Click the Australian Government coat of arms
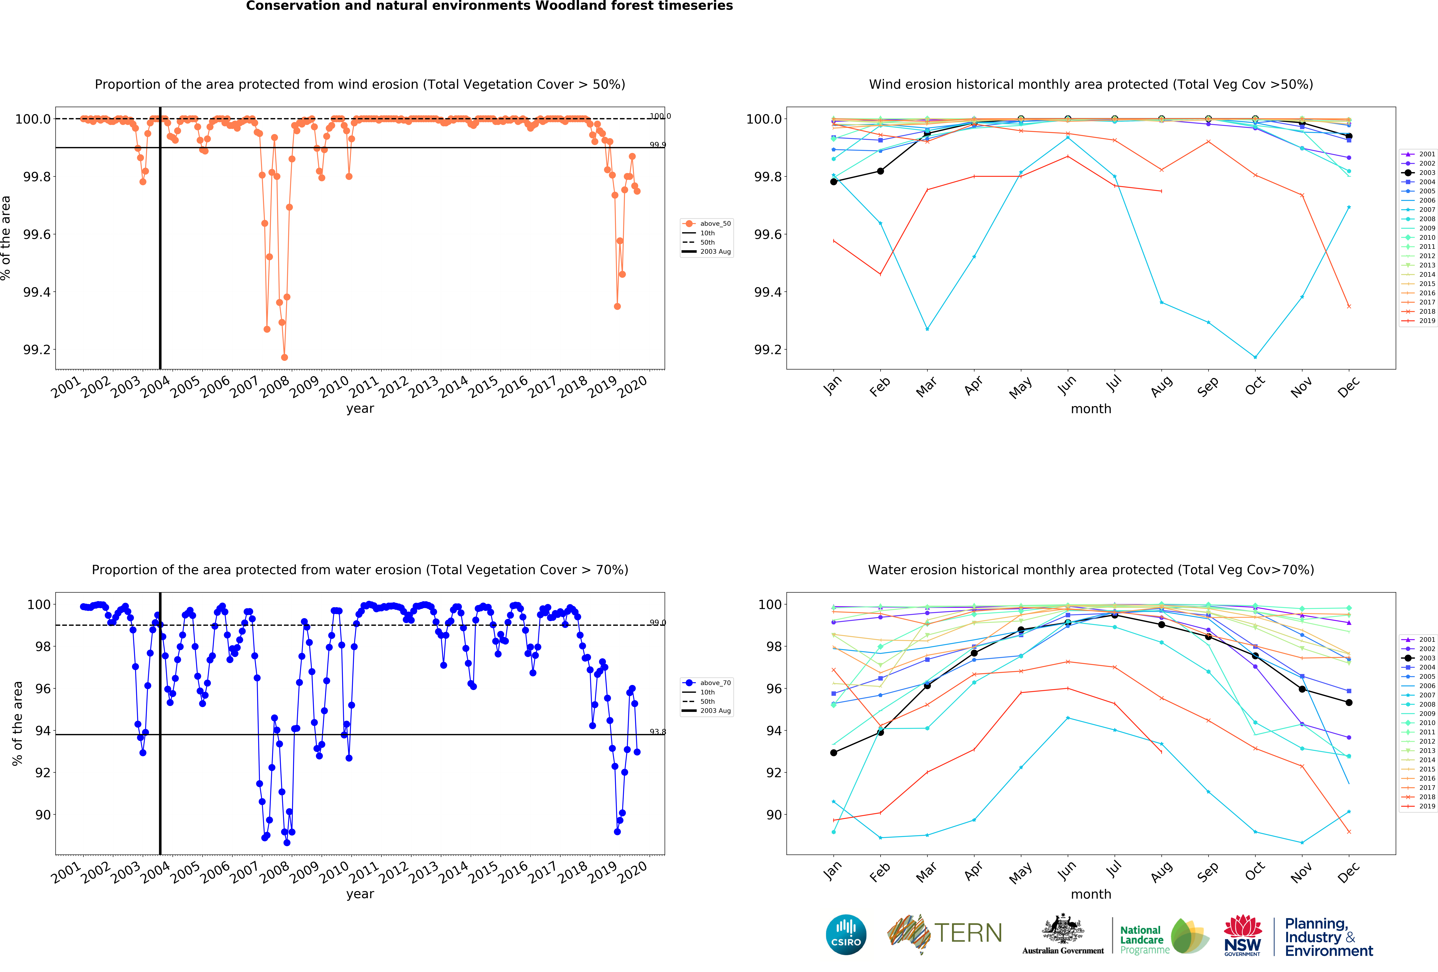pyautogui.click(x=1062, y=929)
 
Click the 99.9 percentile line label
pyautogui.click(x=657, y=145)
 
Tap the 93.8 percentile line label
pyautogui.click(x=657, y=732)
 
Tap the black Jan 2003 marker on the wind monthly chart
pyautogui.click(x=833, y=181)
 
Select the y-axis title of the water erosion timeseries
pyautogui.click(x=17, y=723)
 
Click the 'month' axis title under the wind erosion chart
pyautogui.click(x=1091, y=409)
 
